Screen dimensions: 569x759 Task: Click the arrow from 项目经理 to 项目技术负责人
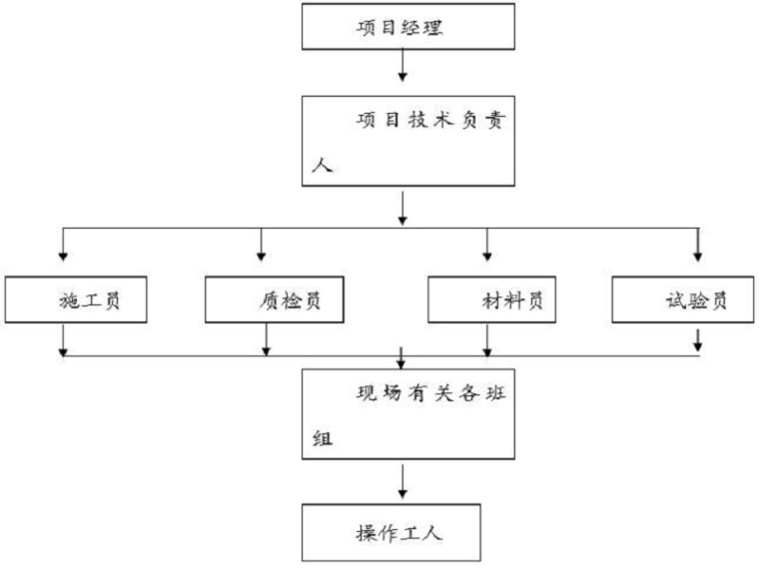(x=401, y=66)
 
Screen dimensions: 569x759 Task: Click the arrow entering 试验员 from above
(x=697, y=245)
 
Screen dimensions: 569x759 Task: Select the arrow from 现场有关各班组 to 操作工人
(x=401, y=481)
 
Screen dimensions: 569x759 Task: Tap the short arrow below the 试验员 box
(x=697, y=339)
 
